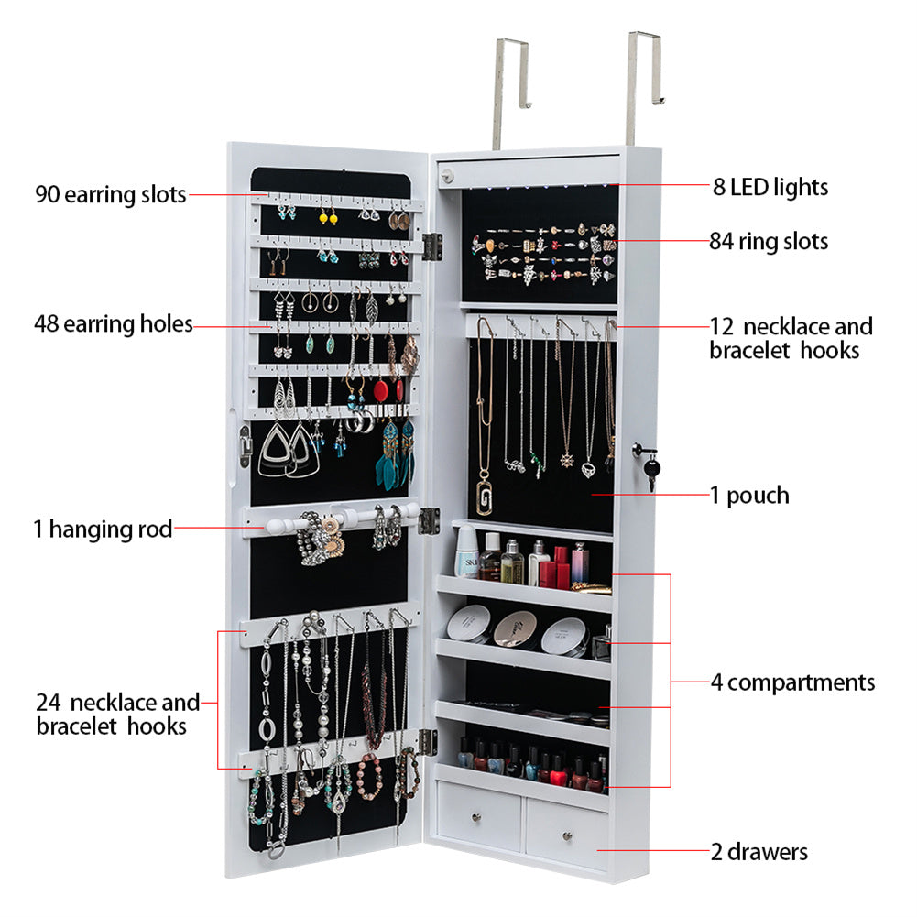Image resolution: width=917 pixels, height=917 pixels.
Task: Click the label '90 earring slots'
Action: point(111,194)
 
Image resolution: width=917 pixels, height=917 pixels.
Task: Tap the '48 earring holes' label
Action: point(114,323)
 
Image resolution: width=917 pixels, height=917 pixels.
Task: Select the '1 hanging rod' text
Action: point(103,529)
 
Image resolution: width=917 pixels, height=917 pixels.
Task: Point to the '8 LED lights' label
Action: point(770,187)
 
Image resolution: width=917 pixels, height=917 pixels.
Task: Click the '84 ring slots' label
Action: point(769,241)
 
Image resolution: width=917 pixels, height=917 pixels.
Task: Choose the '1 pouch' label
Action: point(749,496)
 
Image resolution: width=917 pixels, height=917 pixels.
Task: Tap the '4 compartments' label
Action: point(793,682)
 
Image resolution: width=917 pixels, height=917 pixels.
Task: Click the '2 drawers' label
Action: point(759,852)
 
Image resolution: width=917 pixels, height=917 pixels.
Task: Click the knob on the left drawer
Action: point(476,817)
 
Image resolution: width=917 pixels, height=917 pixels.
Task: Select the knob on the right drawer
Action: point(567,836)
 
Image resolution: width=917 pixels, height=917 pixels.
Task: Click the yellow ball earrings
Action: point(328,217)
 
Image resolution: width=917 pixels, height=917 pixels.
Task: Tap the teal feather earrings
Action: point(396,455)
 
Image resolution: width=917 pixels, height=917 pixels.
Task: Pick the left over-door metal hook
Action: point(512,92)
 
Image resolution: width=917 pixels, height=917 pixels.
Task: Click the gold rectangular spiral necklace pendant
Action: point(485,497)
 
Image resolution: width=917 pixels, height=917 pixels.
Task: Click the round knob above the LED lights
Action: point(449,175)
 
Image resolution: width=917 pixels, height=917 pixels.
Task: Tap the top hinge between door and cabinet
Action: point(431,246)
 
